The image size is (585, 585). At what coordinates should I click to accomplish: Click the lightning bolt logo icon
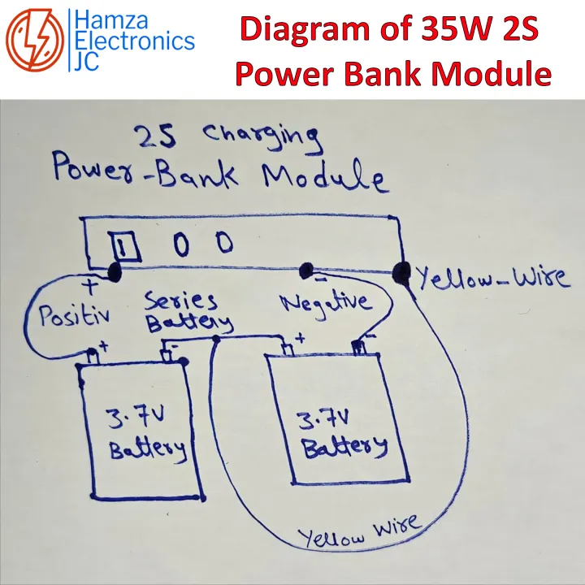click(35, 40)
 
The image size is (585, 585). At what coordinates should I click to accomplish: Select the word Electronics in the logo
click(135, 41)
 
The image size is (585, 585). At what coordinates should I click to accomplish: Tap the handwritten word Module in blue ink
click(323, 176)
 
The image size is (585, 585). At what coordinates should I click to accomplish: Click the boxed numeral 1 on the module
click(124, 245)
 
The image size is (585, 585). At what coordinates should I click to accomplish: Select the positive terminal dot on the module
click(115, 271)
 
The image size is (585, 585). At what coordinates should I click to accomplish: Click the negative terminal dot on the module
click(306, 270)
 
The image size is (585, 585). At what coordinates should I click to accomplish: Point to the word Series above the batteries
click(181, 301)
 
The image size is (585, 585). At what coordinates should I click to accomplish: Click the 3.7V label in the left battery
click(134, 417)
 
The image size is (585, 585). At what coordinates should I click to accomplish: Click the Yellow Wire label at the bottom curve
click(359, 531)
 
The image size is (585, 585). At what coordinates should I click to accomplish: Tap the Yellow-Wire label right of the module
click(493, 278)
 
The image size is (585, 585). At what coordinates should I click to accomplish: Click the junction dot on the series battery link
click(216, 339)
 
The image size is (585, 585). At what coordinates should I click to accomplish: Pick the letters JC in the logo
click(86, 61)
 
